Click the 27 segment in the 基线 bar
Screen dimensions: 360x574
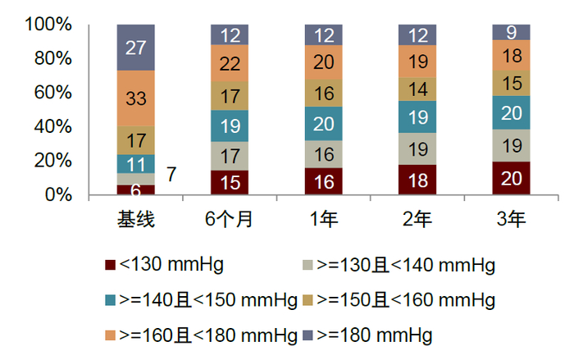pyautogui.click(x=136, y=47)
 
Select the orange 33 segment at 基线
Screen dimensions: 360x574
pyautogui.click(x=136, y=98)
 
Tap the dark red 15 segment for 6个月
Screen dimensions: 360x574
pyautogui.click(x=230, y=183)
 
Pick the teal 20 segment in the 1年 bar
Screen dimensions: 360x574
pyautogui.click(x=324, y=124)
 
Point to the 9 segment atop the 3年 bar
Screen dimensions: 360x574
pyautogui.click(x=511, y=33)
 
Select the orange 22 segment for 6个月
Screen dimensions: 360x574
pyautogui.click(x=230, y=63)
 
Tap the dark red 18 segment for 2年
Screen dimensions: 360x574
pyautogui.click(x=417, y=180)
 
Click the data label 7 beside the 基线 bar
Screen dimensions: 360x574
pyautogui.click(x=171, y=174)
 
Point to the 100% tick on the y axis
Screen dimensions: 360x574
pyautogui.click(x=48, y=25)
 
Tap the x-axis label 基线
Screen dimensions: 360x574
pyautogui.click(x=136, y=220)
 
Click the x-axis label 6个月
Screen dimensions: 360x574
pyautogui.click(x=230, y=220)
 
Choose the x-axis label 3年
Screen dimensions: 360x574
pyautogui.click(x=511, y=220)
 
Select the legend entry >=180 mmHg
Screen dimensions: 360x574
pyautogui.click(x=372, y=335)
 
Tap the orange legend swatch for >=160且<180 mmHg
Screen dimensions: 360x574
pyautogui.click(x=111, y=335)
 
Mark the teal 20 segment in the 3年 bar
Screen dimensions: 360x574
pyautogui.click(x=511, y=112)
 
